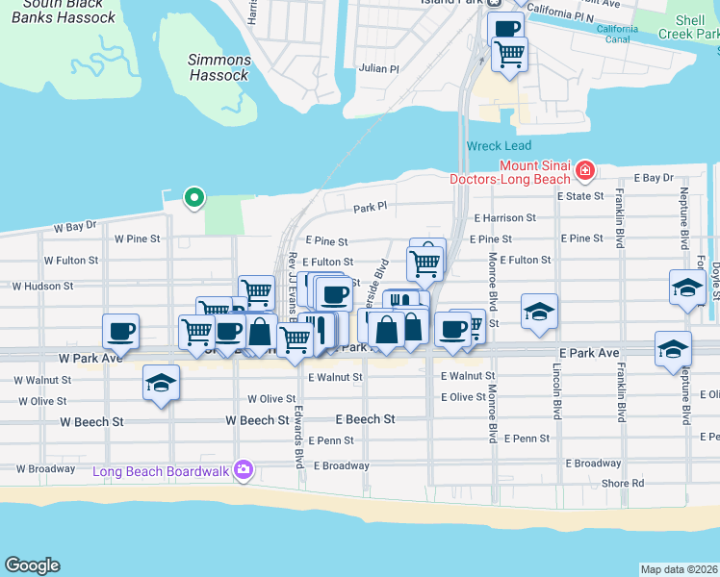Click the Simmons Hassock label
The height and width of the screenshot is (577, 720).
click(219, 67)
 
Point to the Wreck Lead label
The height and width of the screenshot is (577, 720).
click(499, 146)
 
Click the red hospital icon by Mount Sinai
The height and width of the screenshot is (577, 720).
click(583, 171)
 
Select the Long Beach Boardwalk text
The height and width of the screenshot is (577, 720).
click(161, 471)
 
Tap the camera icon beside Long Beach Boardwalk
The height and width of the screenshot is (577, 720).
click(244, 469)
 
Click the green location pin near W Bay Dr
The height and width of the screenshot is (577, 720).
click(194, 198)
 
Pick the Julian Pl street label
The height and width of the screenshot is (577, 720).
click(378, 69)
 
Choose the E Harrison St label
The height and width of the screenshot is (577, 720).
click(503, 218)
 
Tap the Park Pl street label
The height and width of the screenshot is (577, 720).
click(369, 208)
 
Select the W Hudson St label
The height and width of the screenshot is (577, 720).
click(42, 287)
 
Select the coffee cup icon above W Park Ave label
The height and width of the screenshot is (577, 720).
click(120, 331)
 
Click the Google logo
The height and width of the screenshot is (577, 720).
click(32, 565)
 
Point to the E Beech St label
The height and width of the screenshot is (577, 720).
click(365, 419)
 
